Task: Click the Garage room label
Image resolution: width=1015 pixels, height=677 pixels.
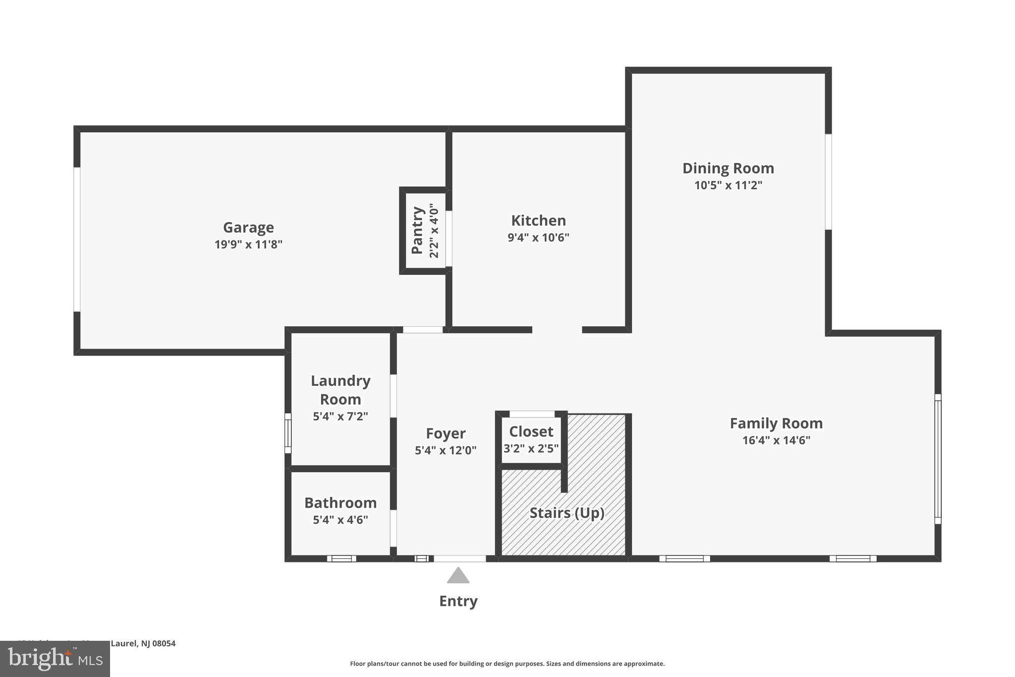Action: (x=248, y=227)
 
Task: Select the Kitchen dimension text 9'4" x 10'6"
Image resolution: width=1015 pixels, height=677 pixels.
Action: (x=538, y=238)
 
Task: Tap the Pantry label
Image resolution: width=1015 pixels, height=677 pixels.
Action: (x=418, y=230)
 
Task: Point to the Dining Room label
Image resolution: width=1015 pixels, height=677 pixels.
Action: (x=728, y=168)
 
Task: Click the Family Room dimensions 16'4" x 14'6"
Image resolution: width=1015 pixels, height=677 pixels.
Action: (x=776, y=440)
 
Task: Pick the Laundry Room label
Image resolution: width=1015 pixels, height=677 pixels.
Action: (x=340, y=390)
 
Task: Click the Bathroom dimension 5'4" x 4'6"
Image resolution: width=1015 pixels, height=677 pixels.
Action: (x=340, y=520)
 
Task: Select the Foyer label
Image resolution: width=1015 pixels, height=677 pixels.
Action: (x=446, y=433)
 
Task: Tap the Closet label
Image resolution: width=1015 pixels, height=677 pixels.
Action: (x=531, y=431)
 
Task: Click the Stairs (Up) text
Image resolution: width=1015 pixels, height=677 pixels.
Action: (x=567, y=513)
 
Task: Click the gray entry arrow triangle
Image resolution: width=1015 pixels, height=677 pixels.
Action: (x=458, y=576)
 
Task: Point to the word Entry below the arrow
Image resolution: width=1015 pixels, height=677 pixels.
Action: (x=458, y=601)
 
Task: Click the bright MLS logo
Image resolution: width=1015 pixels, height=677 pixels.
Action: (x=55, y=659)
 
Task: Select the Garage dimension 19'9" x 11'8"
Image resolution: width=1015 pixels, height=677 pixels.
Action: (x=248, y=245)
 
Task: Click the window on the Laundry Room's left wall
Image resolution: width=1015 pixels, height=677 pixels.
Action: (x=288, y=433)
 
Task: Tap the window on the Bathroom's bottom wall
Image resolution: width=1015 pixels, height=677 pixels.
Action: (x=341, y=558)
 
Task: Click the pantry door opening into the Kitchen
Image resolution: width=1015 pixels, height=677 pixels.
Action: (x=449, y=239)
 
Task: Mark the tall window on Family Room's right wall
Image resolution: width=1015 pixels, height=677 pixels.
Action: (x=938, y=459)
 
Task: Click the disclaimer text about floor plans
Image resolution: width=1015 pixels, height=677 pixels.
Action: (x=507, y=664)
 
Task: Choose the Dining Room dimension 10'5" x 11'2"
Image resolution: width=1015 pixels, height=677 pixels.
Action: (x=728, y=185)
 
